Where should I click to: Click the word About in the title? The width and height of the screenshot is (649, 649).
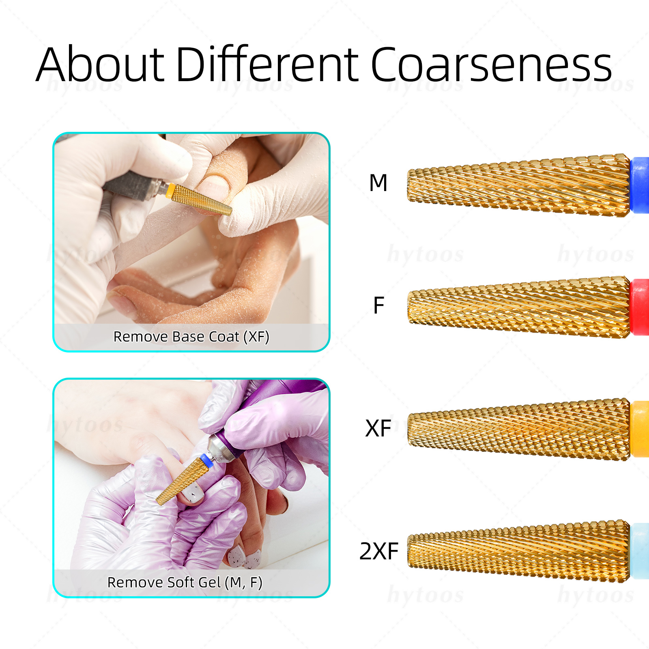pos(100,64)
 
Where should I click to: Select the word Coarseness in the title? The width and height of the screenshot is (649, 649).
pos(491,64)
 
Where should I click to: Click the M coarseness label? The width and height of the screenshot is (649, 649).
pos(378,183)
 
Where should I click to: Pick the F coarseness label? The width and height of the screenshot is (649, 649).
pos(378,305)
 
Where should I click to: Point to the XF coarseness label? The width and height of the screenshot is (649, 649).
pos(378,428)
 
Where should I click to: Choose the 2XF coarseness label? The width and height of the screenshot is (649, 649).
pos(379,551)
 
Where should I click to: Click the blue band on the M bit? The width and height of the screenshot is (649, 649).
pos(640,185)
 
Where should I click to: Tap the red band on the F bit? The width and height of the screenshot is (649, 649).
pos(640,307)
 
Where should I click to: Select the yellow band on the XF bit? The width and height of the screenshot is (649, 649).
pos(640,429)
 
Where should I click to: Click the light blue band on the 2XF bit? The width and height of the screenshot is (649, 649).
pos(640,551)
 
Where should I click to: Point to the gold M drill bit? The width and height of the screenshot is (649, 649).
pos(519,185)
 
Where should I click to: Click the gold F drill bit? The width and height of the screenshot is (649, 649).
pos(519,307)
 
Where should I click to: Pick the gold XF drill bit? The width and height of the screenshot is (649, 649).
pos(519,429)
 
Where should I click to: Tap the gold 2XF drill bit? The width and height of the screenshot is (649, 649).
pos(519,551)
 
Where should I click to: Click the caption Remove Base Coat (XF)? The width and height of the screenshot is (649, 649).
pos(191,337)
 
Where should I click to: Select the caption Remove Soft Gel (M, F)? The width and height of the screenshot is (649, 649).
pos(185,582)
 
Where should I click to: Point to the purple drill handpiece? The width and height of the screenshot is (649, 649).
pos(264,418)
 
